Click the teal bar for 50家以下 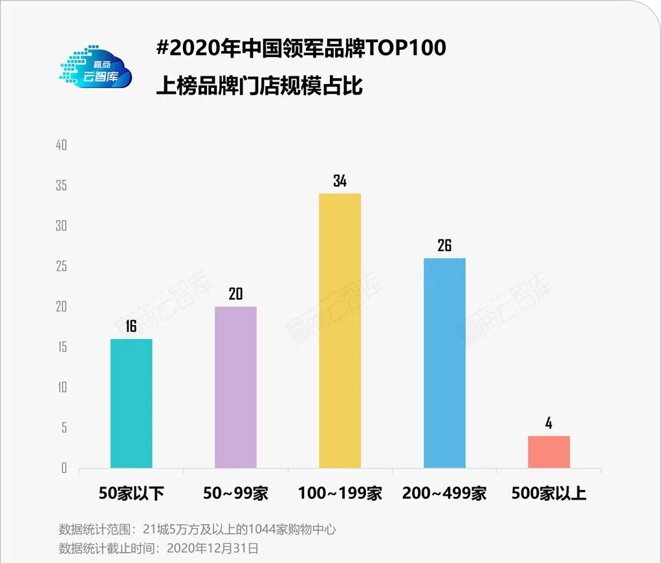[x=131, y=403]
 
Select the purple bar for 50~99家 [x=235, y=387]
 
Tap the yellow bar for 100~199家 [x=340, y=331]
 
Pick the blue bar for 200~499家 [x=444, y=363]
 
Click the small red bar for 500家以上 [x=548, y=452]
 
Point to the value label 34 [x=340, y=181]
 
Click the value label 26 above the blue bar [x=444, y=245]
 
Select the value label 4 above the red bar [x=548, y=424]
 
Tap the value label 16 [x=131, y=326]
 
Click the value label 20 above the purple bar [x=235, y=294]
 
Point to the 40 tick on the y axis [x=61, y=146]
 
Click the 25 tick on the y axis [x=61, y=267]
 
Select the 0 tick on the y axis [x=64, y=468]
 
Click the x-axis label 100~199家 [x=340, y=494]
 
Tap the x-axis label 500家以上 [x=548, y=494]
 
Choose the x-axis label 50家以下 [x=131, y=494]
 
